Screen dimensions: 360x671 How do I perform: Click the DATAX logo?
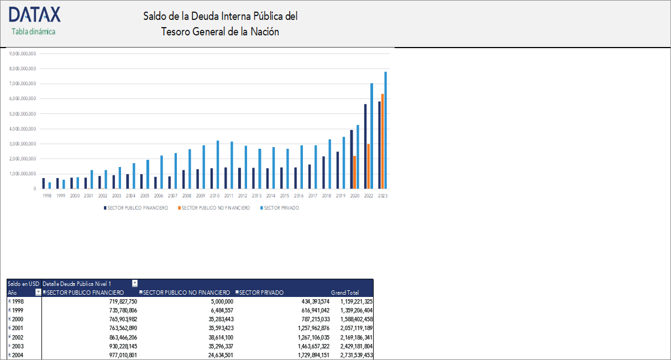pos(34,15)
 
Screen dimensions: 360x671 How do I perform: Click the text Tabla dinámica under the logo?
pos(34,32)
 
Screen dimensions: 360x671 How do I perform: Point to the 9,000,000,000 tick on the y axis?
pos(22,54)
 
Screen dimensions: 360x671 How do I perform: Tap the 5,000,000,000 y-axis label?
pos(22,114)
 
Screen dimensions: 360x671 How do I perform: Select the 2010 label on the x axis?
pos(214,196)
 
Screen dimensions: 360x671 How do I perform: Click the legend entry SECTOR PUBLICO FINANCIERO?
pos(136,208)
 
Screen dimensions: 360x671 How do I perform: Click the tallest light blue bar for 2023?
pos(386,130)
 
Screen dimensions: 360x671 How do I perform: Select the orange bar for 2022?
pos(369,166)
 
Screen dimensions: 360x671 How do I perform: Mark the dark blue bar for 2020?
pos(351,159)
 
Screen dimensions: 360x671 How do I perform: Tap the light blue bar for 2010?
pos(218,164)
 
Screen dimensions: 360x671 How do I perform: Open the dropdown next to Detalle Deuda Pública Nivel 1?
pos(135,283)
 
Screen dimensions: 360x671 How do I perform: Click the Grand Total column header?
pos(345,293)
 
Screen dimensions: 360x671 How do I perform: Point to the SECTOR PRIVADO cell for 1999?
pos(309,310)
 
